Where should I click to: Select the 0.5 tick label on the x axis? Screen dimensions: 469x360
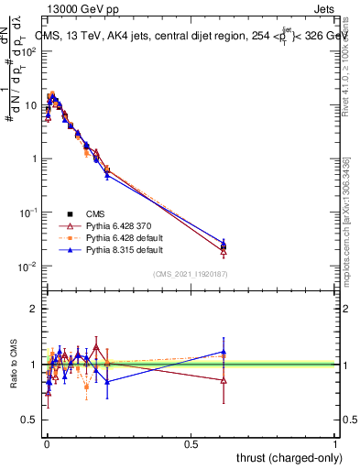191,444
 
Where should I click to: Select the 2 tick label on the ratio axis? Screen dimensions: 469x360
36,309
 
